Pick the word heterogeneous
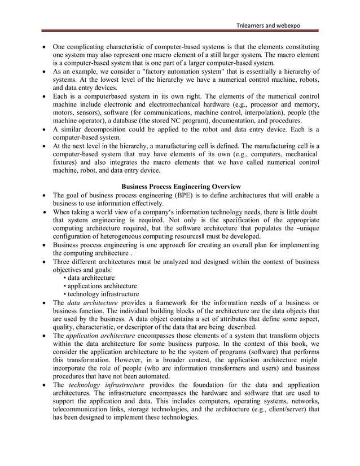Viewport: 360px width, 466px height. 134,236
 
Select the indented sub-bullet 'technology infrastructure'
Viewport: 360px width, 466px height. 102,294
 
